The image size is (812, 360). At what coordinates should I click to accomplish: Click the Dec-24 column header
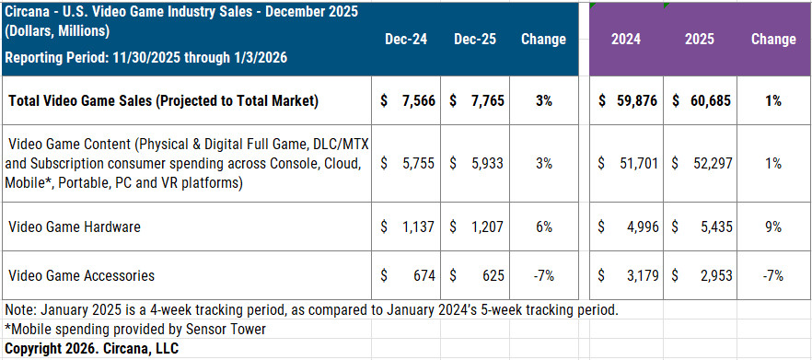pyautogui.click(x=406, y=40)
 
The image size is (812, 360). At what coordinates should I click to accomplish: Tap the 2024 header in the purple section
pyautogui.click(x=626, y=40)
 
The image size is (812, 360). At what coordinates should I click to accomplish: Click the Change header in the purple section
pyautogui.click(x=772, y=40)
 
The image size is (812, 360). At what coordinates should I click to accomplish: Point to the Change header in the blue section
pyautogui.click(x=543, y=40)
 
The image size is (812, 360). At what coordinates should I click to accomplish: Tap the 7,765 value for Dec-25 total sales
pyautogui.click(x=484, y=100)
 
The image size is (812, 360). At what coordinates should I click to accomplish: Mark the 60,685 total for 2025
pyautogui.click(x=706, y=100)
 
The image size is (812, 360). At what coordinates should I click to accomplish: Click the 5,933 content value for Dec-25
pyautogui.click(x=484, y=163)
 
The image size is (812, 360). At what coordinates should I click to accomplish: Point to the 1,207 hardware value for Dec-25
pyautogui.click(x=484, y=226)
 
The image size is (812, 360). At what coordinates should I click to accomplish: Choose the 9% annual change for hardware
pyautogui.click(x=772, y=226)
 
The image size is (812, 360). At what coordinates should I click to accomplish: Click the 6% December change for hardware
pyautogui.click(x=543, y=226)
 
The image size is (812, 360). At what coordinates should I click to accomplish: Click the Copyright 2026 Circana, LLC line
pyautogui.click(x=92, y=348)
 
